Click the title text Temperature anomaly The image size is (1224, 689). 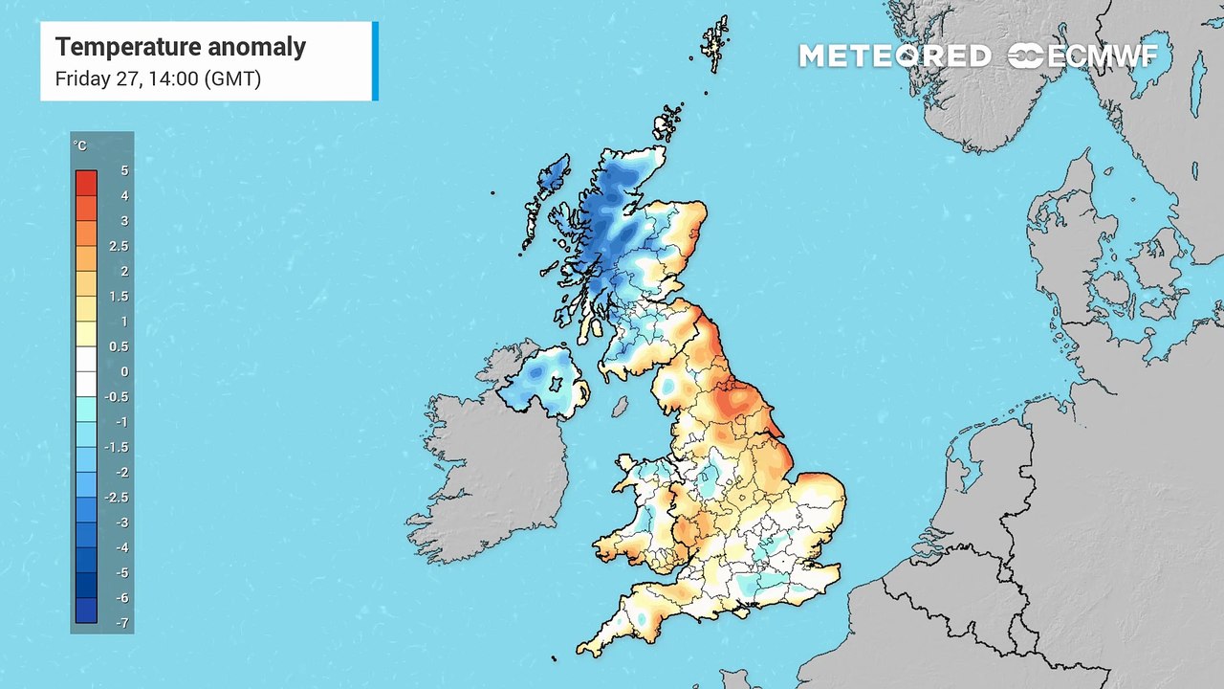click(180, 47)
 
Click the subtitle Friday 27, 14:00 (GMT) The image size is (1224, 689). click(158, 78)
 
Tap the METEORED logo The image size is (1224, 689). click(894, 56)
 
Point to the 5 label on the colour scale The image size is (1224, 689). click(124, 170)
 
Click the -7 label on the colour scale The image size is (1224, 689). click(122, 623)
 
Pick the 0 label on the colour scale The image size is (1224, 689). click(124, 371)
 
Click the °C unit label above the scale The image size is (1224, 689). click(80, 145)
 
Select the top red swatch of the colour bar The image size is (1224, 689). click(86, 182)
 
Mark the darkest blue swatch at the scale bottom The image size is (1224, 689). click(86, 611)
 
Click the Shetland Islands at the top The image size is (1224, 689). click(714, 43)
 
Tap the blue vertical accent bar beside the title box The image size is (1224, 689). click(375, 61)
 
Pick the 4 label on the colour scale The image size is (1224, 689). click(124, 196)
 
